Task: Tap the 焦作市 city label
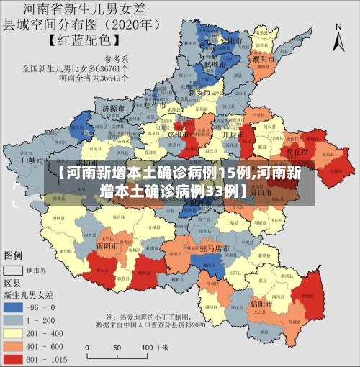tap(156, 106)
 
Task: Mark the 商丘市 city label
tap(297, 152)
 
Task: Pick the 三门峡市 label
tap(29, 160)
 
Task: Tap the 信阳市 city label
tap(263, 304)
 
